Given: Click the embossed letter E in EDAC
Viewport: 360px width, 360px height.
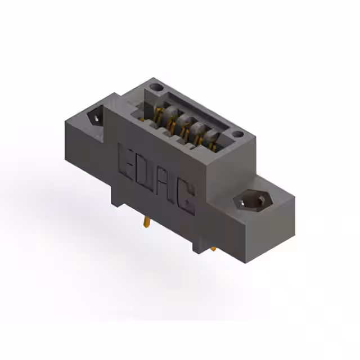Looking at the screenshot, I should coord(127,159).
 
